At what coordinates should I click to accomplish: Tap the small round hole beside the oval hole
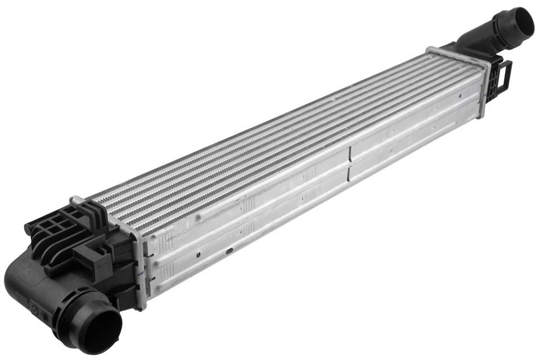coord(199,254)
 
